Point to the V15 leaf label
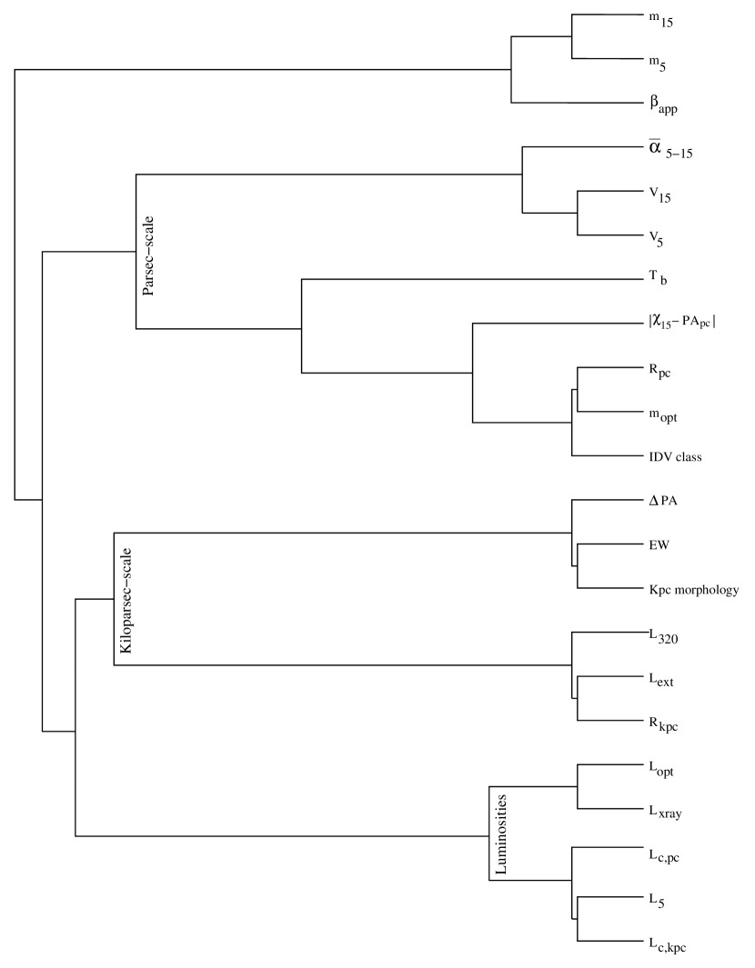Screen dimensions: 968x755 [x=659, y=194]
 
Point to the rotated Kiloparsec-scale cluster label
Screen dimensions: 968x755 [x=126, y=600]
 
